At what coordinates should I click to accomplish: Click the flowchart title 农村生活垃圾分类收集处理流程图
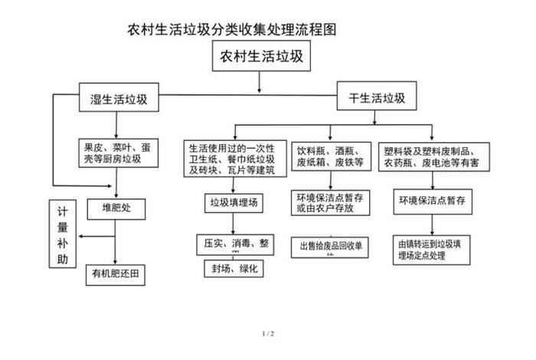[x=232, y=31]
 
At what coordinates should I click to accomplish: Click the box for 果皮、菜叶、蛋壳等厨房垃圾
[x=119, y=152]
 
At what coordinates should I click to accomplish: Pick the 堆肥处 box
[x=116, y=207]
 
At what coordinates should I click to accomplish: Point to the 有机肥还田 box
[x=115, y=273]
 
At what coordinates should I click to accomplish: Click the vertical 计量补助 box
[x=63, y=234]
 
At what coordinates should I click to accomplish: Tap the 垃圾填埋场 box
[x=237, y=203]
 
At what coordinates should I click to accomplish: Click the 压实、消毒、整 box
[x=236, y=243]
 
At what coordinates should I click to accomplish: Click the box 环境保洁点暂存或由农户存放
[x=331, y=202]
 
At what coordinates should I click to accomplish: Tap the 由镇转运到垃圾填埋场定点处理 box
[x=433, y=249]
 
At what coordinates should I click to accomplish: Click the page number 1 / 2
[x=267, y=334]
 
